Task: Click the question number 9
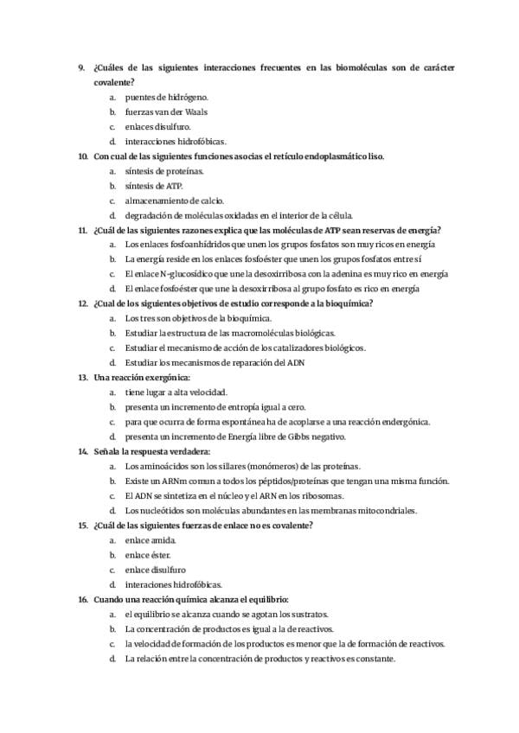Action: coord(80,67)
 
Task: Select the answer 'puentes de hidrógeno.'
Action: coord(166,97)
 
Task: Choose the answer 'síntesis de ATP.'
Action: coord(154,186)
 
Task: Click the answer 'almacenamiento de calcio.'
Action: coord(168,201)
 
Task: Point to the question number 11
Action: coord(82,230)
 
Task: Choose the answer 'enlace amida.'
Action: coord(150,540)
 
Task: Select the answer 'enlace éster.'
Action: coord(148,555)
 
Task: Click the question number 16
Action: coord(82,599)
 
